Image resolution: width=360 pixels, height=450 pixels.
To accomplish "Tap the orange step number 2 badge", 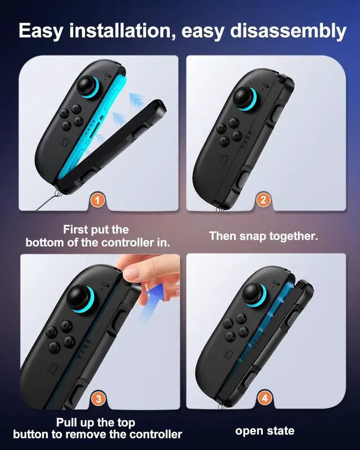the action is (x=263, y=199).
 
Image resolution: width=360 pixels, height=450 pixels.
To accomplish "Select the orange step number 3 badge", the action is (x=98, y=399).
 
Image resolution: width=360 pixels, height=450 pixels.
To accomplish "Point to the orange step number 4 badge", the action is (x=264, y=398).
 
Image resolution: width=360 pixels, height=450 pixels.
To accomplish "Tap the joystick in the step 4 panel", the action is (x=254, y=294).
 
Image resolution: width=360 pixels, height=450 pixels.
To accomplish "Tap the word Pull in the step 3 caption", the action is (x=66, y=422).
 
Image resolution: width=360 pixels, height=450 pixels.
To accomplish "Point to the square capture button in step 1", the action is (x=65, y=142).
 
